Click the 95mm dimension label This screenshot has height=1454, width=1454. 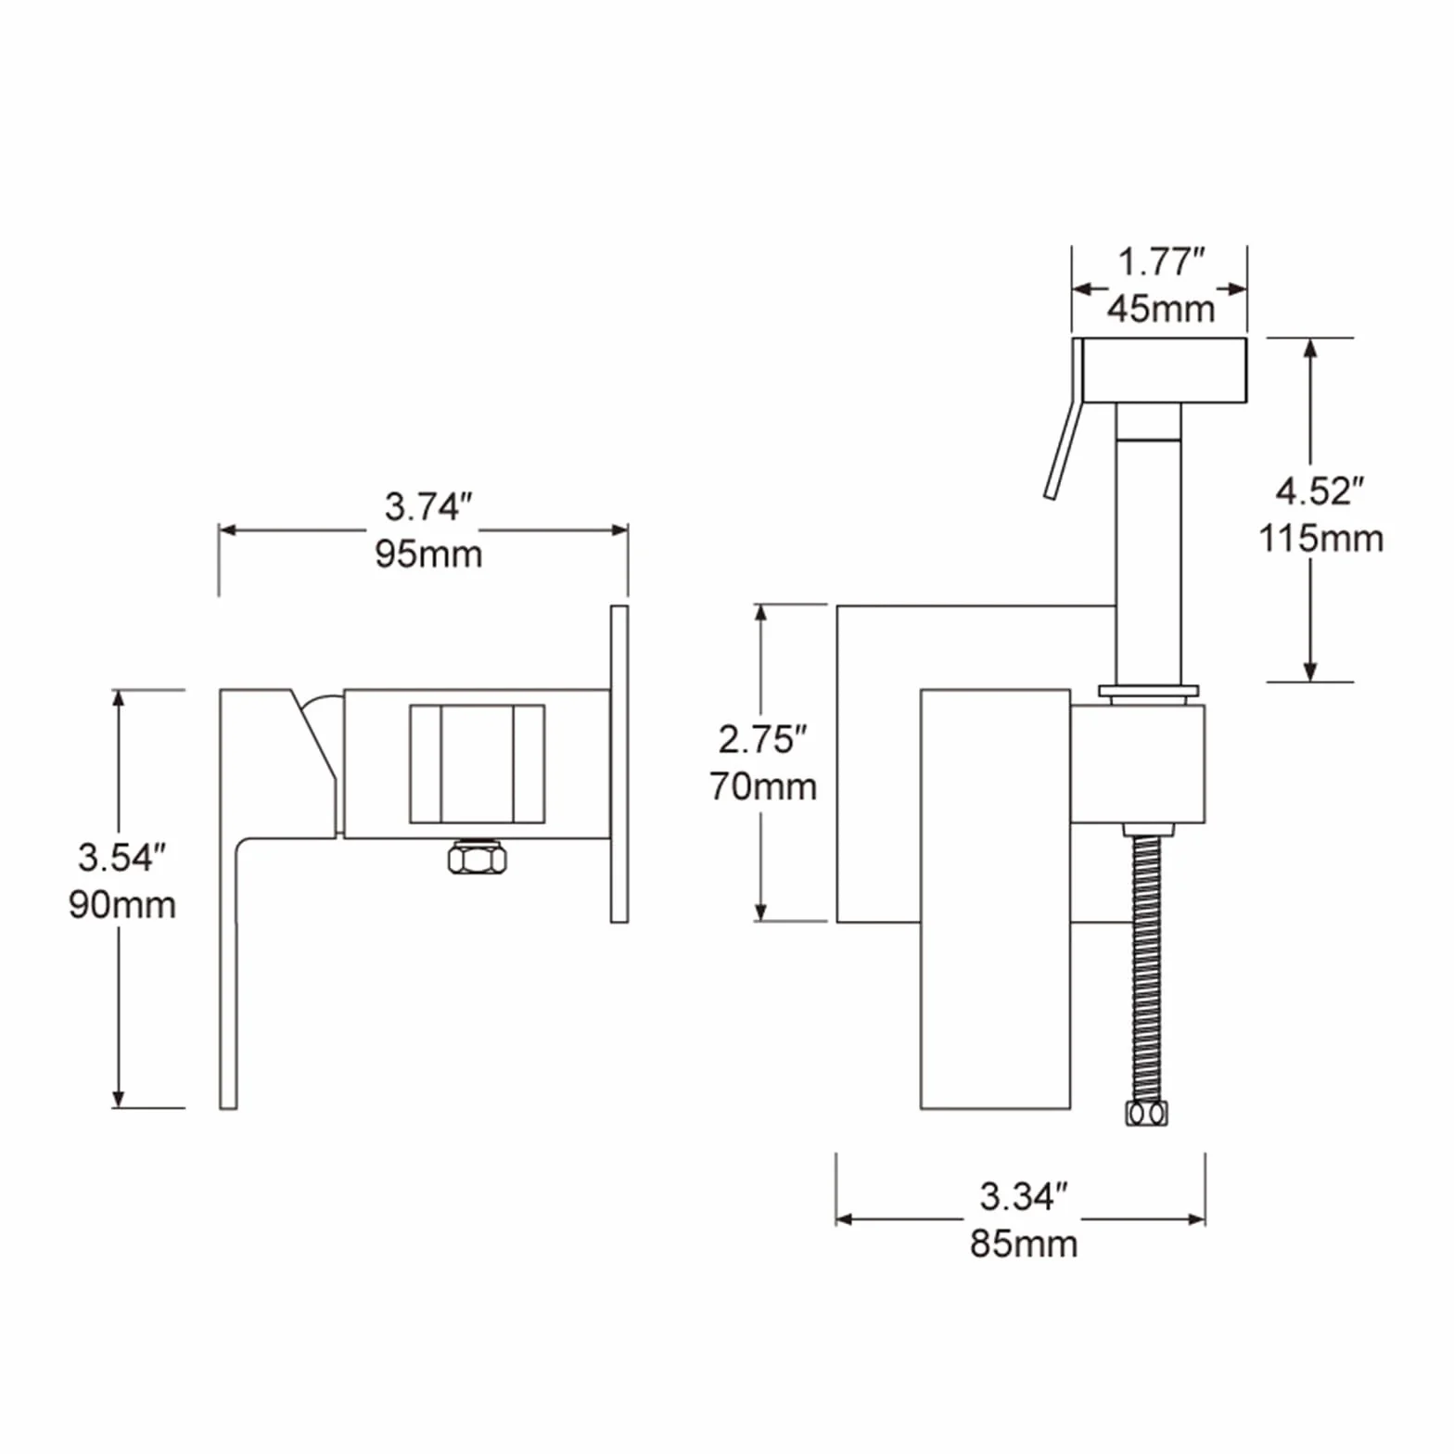pyautogui.click(x=428, y=555)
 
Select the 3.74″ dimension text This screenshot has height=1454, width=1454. pyautogui.click(x=428, y=507)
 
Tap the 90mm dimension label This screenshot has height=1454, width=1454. pyautogui.click(x=122, y=905)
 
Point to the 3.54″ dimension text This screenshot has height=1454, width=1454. pyautogui.click(x=122, y=858)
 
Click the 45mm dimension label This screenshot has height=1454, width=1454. pyautogui.click(x=1161, y=309)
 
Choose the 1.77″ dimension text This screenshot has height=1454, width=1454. pyautogui.click(x=1161, y=262)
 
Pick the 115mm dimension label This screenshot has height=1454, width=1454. pyautogui.click(x=1321, y=539)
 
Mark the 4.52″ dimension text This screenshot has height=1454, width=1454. pyautogui.click(x=1320, y=491)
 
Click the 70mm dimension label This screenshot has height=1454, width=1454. pyautogui.click(x=763, y=786)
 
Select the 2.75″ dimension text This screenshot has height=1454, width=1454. pyautogui.click(x=763, y=740)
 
